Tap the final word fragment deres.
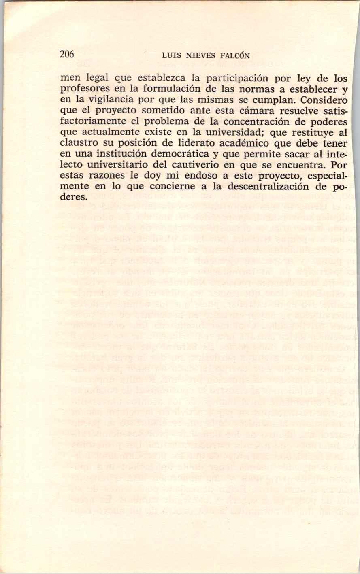pyautogui.click(x=73, y=198)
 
